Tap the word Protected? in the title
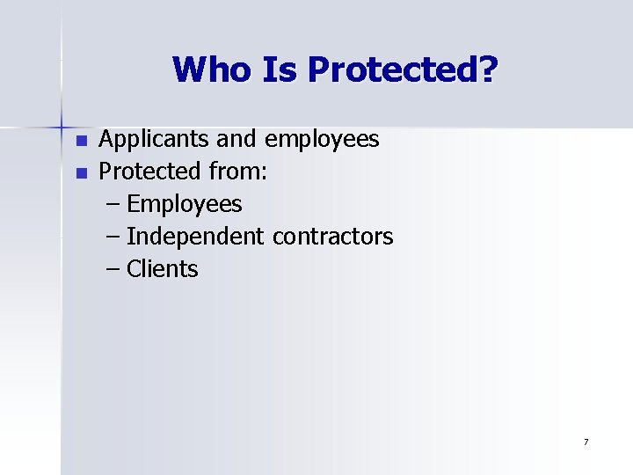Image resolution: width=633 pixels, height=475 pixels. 401,69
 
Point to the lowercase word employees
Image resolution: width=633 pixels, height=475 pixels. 322,139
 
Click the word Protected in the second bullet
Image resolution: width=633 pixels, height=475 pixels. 142,172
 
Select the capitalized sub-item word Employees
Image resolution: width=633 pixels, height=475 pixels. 185,204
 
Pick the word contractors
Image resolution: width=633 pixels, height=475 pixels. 333,237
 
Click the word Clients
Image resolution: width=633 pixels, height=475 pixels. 163,269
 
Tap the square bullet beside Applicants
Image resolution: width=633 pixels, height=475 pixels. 82,141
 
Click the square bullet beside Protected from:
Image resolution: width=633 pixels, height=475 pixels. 82,173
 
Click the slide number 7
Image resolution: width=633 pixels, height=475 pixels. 586,442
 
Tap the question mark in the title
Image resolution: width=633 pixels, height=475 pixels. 486,69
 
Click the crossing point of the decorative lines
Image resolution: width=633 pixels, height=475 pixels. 62,121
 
